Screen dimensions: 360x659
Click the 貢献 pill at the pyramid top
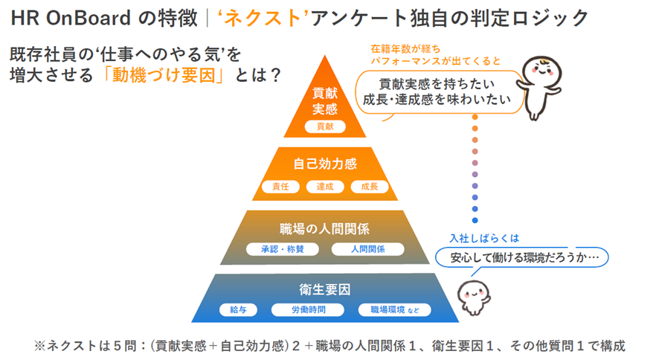pos(325,126)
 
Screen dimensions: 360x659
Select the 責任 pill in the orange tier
pos(280,186)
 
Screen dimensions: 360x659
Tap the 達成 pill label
pos(324,186)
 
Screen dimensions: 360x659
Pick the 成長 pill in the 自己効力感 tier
pos(369,186)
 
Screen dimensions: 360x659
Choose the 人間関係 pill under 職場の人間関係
pos(367,249)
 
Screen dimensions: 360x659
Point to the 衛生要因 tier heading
pos(324,290)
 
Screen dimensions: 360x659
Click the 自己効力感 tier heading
pos(324,162)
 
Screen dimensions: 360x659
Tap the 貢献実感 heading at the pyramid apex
pos(325,101)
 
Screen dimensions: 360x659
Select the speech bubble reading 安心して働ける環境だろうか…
pos(521,257)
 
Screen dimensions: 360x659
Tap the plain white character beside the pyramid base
pos(473,298)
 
